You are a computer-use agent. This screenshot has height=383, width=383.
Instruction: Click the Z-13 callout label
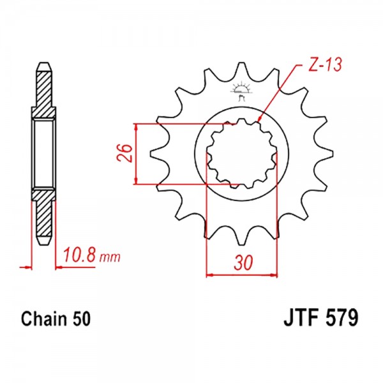pyautogui.click(x=324, y=65)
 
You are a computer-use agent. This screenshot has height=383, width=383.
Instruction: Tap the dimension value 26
pyautogui.click(x=124, y=153)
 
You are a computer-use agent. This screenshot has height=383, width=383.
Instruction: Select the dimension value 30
pyautogui.click(x=243, y=263)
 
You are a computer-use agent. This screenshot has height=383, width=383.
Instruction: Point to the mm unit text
pyautogui.click(x=110, y=257)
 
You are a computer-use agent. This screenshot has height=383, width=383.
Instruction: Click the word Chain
pyautogui.click(x=44, y=319)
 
